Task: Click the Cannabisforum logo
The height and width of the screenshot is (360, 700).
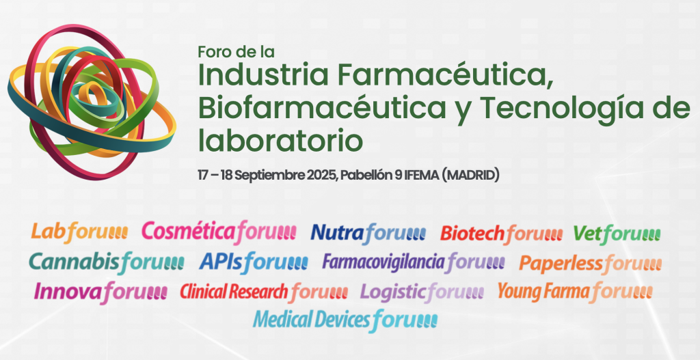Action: [x=106, y=262]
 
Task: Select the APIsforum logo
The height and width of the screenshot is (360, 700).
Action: [x=253, y=262]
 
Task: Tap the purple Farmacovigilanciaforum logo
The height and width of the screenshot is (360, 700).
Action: [x=414, y=262]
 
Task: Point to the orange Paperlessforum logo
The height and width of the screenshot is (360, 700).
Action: [x=590, y=263]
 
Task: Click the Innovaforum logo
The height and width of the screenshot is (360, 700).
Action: [x=100, y=292]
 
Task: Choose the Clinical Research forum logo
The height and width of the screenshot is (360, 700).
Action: [x=264, y=292]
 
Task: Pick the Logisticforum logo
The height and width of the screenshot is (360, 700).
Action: [x=422, y=292]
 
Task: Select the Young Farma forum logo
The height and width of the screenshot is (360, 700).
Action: [x=575, y=292]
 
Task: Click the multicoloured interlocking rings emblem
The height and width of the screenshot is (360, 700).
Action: [x=91, y=102]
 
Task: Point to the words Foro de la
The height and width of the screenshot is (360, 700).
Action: [x=236, y=52]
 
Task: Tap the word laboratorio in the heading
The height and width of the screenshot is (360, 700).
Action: [x=280, y=139]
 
